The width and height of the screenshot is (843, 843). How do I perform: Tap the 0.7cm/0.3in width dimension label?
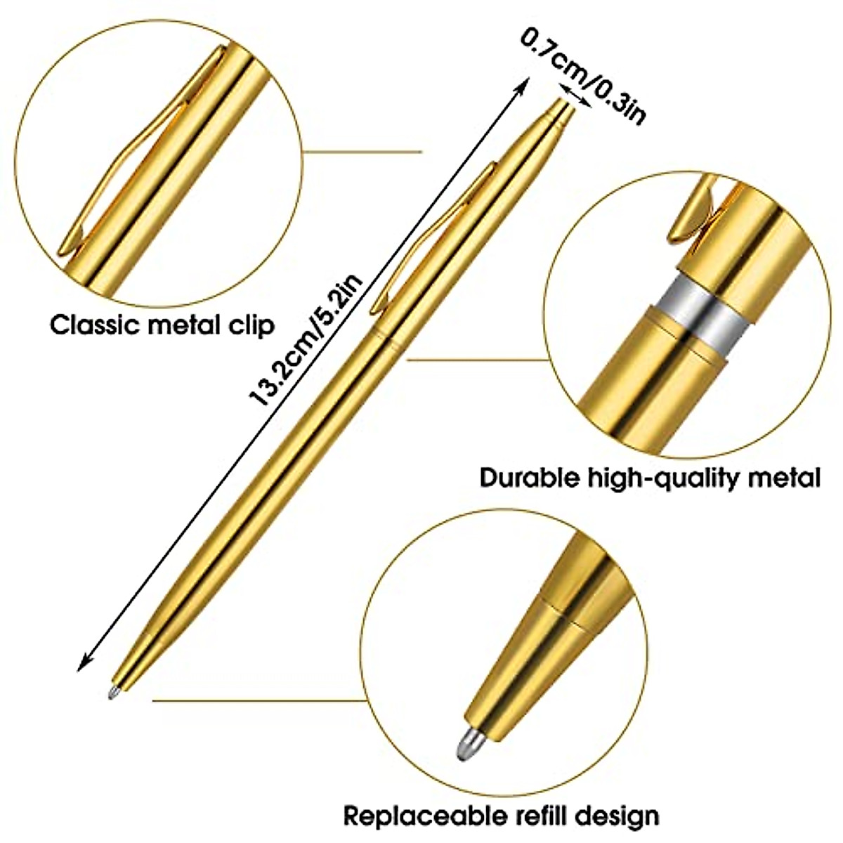pos(582,74)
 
